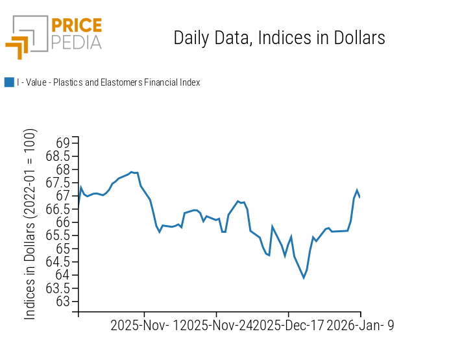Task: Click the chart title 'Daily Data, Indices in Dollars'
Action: click(x=279, y=38)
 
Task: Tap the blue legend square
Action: click(x=9, y=82)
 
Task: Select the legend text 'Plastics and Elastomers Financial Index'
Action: click(x=127, y=82)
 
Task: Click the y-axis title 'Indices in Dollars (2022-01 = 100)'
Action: click(x=30, y=224)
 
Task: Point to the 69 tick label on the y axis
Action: click(x=64, y=143)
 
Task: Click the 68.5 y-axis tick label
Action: click(x=58, y=156)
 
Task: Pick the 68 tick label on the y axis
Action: click(x=64, y=169)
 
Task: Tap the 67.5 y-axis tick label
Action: click(x=58, y=183)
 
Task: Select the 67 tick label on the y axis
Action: click(x=64, y=196)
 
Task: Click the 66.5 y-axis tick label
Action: click(x=58, y=209)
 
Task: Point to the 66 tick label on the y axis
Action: click(x=64, y=222)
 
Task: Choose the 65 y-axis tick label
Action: click(x=64, y=249)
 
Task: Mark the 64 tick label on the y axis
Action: click(x=64, y=275)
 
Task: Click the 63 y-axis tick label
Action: click(x=64, y=302)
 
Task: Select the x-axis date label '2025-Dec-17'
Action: click(x=288, y=326)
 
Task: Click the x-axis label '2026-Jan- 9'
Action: click(x=360, y=326)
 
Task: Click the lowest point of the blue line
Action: click(x=304, y=278)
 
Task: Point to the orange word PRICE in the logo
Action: click(x=76, y=26)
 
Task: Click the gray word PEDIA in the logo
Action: click(x=76, y=42)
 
